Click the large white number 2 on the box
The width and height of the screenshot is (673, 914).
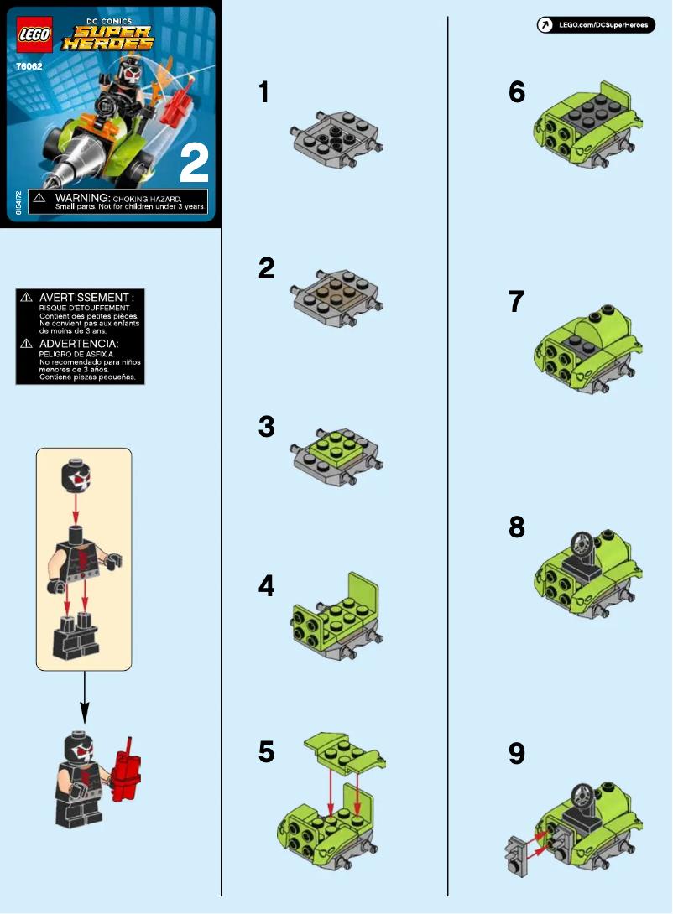pos(194,164)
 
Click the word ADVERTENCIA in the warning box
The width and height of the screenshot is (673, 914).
pos(79,344)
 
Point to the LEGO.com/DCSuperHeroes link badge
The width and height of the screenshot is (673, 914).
pos(595,25)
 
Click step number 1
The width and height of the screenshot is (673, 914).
pos(264,91)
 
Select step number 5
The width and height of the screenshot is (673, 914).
pos(266,752)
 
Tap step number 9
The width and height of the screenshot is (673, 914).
pos(517,754)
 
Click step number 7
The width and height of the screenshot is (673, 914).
pos(517,302)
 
